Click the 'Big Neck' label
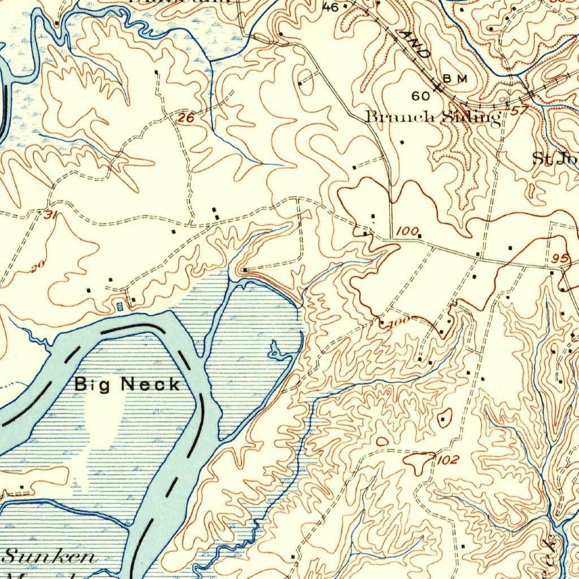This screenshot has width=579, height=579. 128,384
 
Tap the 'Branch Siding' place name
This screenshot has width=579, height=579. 433,117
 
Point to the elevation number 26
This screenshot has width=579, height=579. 184,118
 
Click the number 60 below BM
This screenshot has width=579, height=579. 421,96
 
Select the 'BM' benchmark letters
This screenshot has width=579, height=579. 455,79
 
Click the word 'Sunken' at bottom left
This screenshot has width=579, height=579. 50,556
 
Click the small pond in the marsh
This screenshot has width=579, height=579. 277,351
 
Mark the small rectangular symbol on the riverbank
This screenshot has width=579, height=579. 119,306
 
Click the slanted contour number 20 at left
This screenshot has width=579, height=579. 37,267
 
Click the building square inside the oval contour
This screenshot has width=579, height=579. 442,420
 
